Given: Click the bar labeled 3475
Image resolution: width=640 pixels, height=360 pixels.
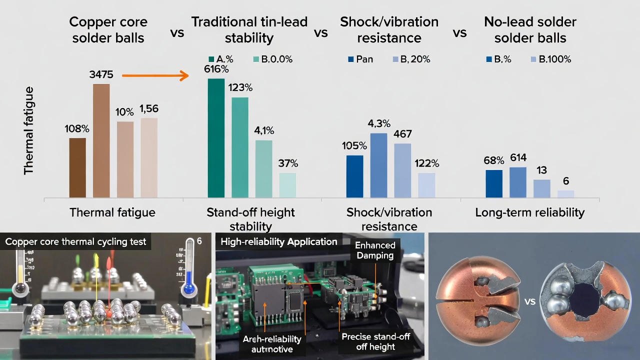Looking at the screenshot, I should point(101,140).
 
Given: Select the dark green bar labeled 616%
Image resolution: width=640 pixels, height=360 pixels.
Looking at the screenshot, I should point(216,138).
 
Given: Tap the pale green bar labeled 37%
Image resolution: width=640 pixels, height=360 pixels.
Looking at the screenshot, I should point(287,185).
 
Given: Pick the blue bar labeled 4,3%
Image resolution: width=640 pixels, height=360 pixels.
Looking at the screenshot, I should point(378,165).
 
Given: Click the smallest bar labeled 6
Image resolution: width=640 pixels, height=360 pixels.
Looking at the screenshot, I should point(565,193).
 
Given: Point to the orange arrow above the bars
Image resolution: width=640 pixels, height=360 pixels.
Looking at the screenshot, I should point(155,76).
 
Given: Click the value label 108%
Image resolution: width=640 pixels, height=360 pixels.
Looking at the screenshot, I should point(77,128).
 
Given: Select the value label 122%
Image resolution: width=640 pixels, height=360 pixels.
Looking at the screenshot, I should point(426,163).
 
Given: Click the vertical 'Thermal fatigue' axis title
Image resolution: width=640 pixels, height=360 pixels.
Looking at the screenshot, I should point(29,130).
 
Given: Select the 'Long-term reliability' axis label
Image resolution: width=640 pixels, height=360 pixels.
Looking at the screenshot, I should point(529,212).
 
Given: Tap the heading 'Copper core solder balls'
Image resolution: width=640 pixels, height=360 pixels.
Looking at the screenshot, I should point(108,30).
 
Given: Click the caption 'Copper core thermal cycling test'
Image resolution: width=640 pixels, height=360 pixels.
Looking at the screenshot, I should point(75,242).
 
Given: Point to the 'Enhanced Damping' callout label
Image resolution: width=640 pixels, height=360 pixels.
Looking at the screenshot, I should point(375,250).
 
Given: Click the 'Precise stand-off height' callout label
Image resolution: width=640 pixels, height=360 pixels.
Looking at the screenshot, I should point(375,341).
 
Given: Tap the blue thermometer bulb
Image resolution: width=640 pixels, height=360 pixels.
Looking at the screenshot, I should point(189,288).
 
